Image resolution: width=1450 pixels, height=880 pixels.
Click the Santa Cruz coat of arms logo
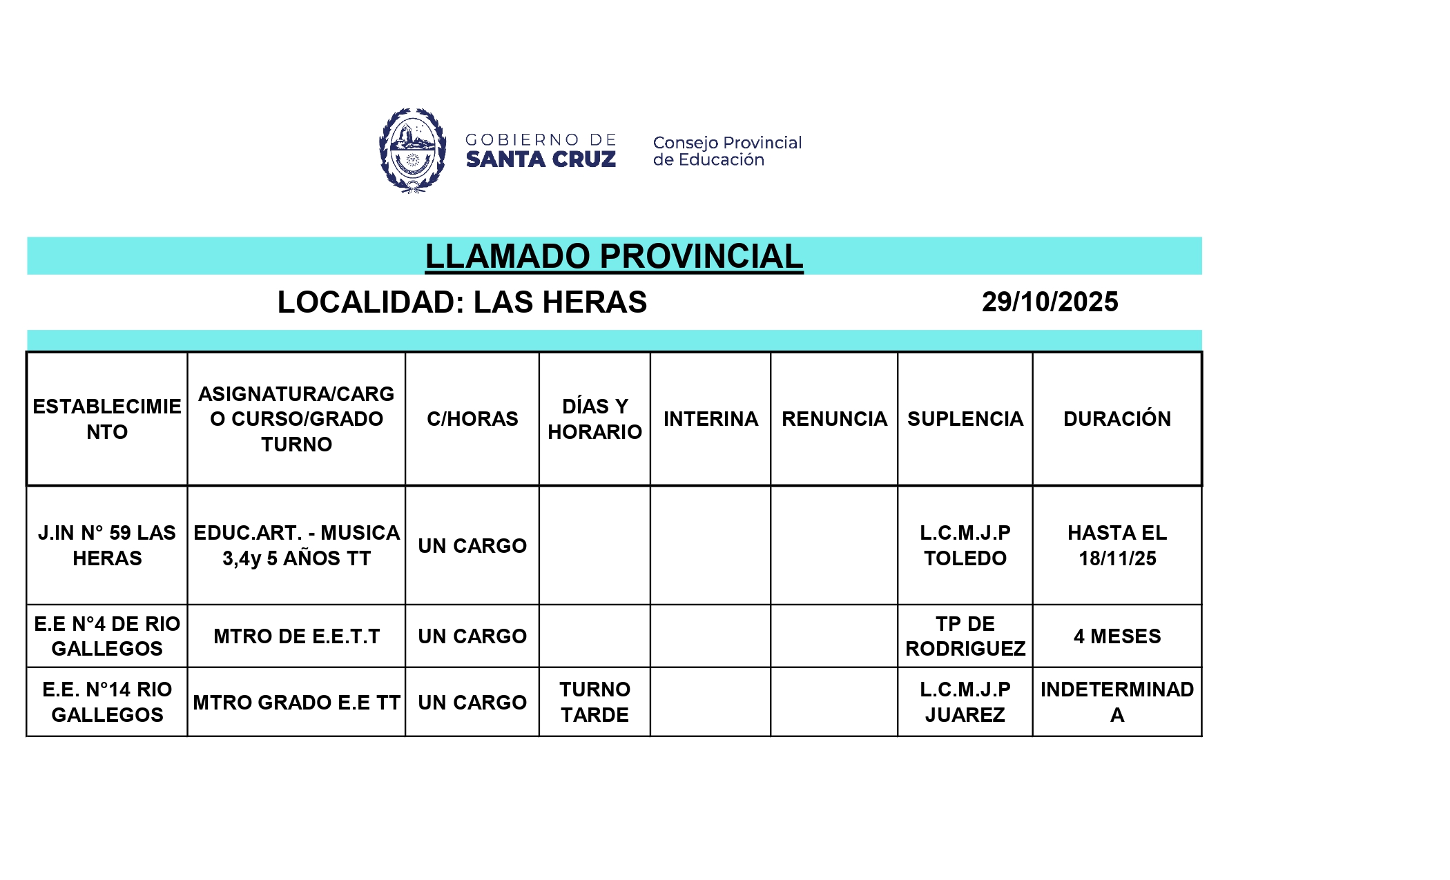[412, 150]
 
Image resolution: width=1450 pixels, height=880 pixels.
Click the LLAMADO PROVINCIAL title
[614, 256]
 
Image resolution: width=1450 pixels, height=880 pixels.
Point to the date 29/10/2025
[1050, 302]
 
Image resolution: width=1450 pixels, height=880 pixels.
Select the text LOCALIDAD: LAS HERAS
[462, 302]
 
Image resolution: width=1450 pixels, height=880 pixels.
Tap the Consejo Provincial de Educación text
[727, 151]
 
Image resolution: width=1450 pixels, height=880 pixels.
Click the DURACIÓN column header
[1116, 419]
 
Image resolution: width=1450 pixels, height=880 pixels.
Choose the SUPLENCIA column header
[965, 419]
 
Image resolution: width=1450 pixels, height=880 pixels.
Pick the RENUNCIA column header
[834, 419]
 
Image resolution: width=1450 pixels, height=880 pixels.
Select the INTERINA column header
[710, 419]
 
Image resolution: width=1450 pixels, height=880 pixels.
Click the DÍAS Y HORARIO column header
[594, 419]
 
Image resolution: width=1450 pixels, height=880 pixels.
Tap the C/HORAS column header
[472, 419]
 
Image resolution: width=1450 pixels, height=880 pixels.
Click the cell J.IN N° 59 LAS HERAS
[107, 545]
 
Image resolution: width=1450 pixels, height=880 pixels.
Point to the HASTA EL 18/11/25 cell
[1116, 545]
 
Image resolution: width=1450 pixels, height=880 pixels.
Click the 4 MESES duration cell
[1116, 636]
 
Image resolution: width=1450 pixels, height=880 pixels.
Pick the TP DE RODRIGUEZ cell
[965, 636]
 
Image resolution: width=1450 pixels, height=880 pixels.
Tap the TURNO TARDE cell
[594, 702]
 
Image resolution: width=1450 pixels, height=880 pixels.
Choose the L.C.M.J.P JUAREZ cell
[965, 702]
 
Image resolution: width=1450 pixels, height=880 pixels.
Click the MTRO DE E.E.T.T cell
[296, 636]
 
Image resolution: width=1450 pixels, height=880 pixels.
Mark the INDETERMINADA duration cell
[1116, 702]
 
